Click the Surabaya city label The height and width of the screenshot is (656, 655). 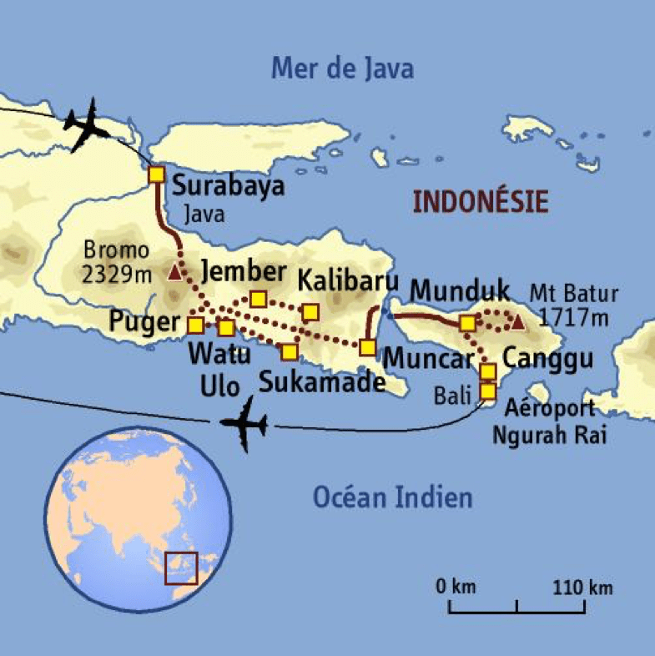tap(228, 185)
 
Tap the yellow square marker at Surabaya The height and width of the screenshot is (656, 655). tap(156, 174)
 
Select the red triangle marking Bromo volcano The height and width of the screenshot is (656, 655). tap(174, 272)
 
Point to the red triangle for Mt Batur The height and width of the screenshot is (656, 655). tap(517, 321)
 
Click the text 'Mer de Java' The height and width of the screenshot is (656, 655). tap(342, 68)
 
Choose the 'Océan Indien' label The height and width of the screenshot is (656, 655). tap(392, 498)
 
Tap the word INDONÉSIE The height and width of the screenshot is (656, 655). tap(481, 202)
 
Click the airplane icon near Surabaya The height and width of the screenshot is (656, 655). tap(89, 125)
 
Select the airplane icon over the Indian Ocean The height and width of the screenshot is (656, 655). tap(244, 424)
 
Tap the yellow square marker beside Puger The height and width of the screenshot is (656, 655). tap(195, 325)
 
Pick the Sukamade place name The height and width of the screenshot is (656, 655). tap(321, 382)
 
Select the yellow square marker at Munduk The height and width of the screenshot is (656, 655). tap(468, 322)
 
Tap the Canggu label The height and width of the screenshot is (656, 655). tap(547, 361)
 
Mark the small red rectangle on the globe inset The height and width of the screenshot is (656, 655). tap(181, 568)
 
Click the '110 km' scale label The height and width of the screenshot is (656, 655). tap(582, 587)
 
